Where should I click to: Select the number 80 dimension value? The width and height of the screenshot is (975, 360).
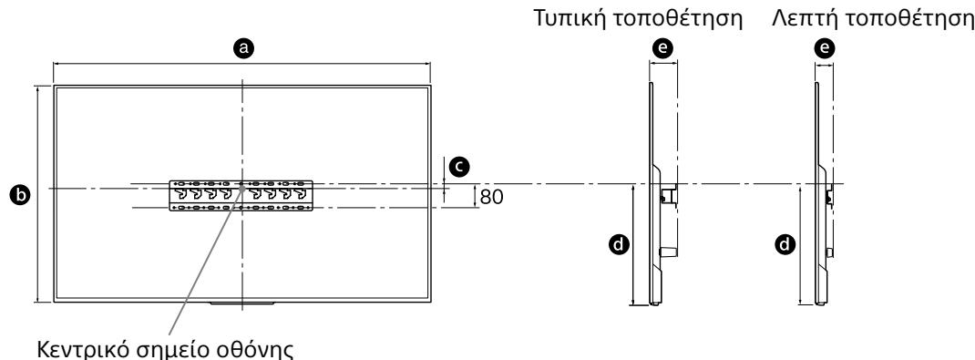tap(491, 196)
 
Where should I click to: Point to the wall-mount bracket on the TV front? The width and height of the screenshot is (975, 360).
tap(241, 195)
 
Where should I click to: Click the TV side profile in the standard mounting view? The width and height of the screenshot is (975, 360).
tap(655, 228)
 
